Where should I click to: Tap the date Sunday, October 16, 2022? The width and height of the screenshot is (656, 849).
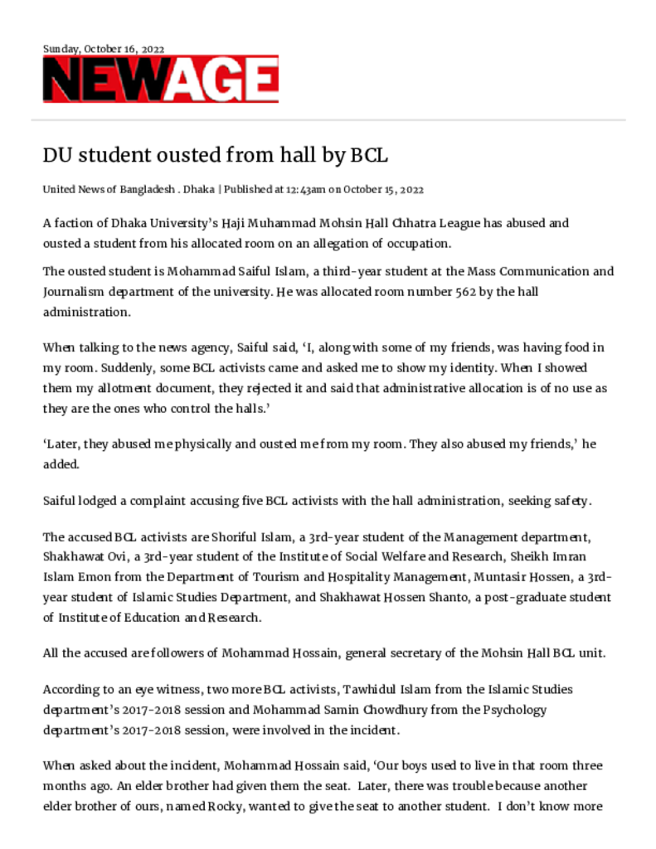tap(104, 49)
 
